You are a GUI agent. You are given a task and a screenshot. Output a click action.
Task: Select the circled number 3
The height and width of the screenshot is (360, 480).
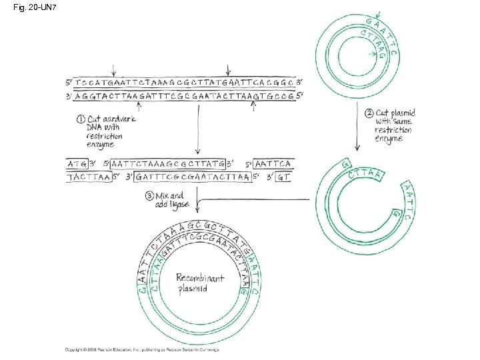coord(149,196)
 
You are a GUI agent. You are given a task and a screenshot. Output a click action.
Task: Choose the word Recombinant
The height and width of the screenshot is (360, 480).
coord(200,277)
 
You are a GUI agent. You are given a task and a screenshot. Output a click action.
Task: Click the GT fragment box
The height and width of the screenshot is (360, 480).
coord(283,177)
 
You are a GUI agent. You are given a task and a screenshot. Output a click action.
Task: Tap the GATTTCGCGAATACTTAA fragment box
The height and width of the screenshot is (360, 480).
coord(192,177)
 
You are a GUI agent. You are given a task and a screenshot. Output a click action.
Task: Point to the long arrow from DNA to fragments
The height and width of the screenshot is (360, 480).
coord(197,127)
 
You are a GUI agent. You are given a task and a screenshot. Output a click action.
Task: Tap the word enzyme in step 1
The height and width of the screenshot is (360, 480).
coord(100,144)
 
